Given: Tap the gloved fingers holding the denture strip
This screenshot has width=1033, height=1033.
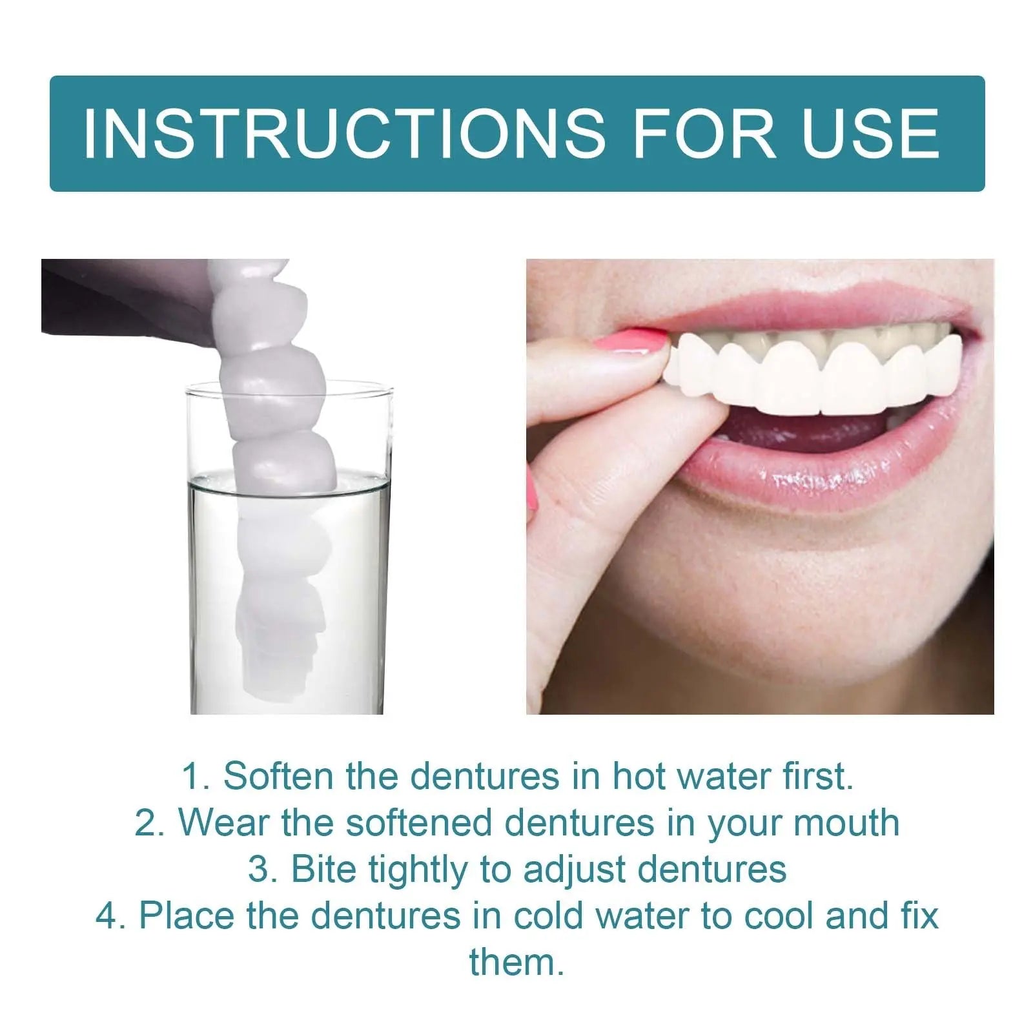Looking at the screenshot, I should pyautogui.click(x=129, y=297).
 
